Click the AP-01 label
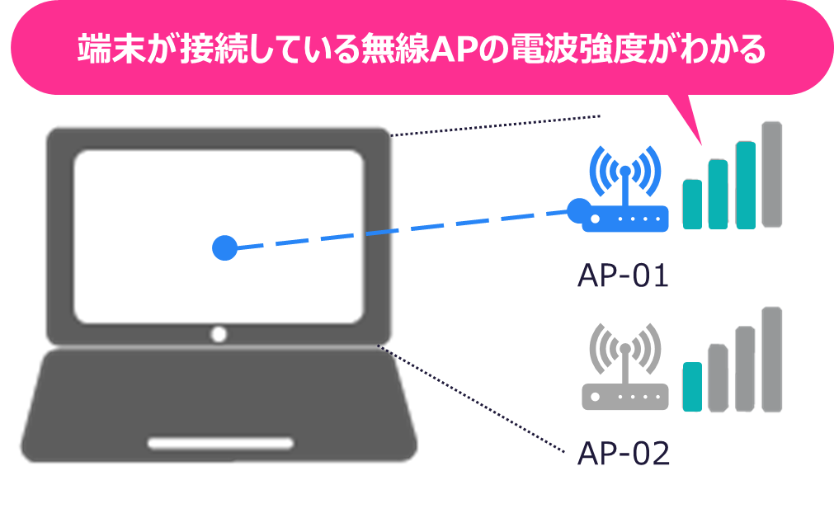coord(623,275)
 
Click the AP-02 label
coord(623,453)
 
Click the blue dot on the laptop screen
coord(224,247)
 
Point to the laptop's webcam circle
coord(219,334)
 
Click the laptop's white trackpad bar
coord(221,443)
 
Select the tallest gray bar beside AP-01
coord(771,174)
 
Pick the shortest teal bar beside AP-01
coord(692,203)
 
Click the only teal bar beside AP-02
coord(692,387)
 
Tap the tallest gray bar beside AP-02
coord(771,360)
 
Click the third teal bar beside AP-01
coord(745,184)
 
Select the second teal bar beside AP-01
coord(718,193)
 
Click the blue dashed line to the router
coord(396,228)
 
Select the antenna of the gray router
coord(624,364)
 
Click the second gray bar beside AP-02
coord(718,378)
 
